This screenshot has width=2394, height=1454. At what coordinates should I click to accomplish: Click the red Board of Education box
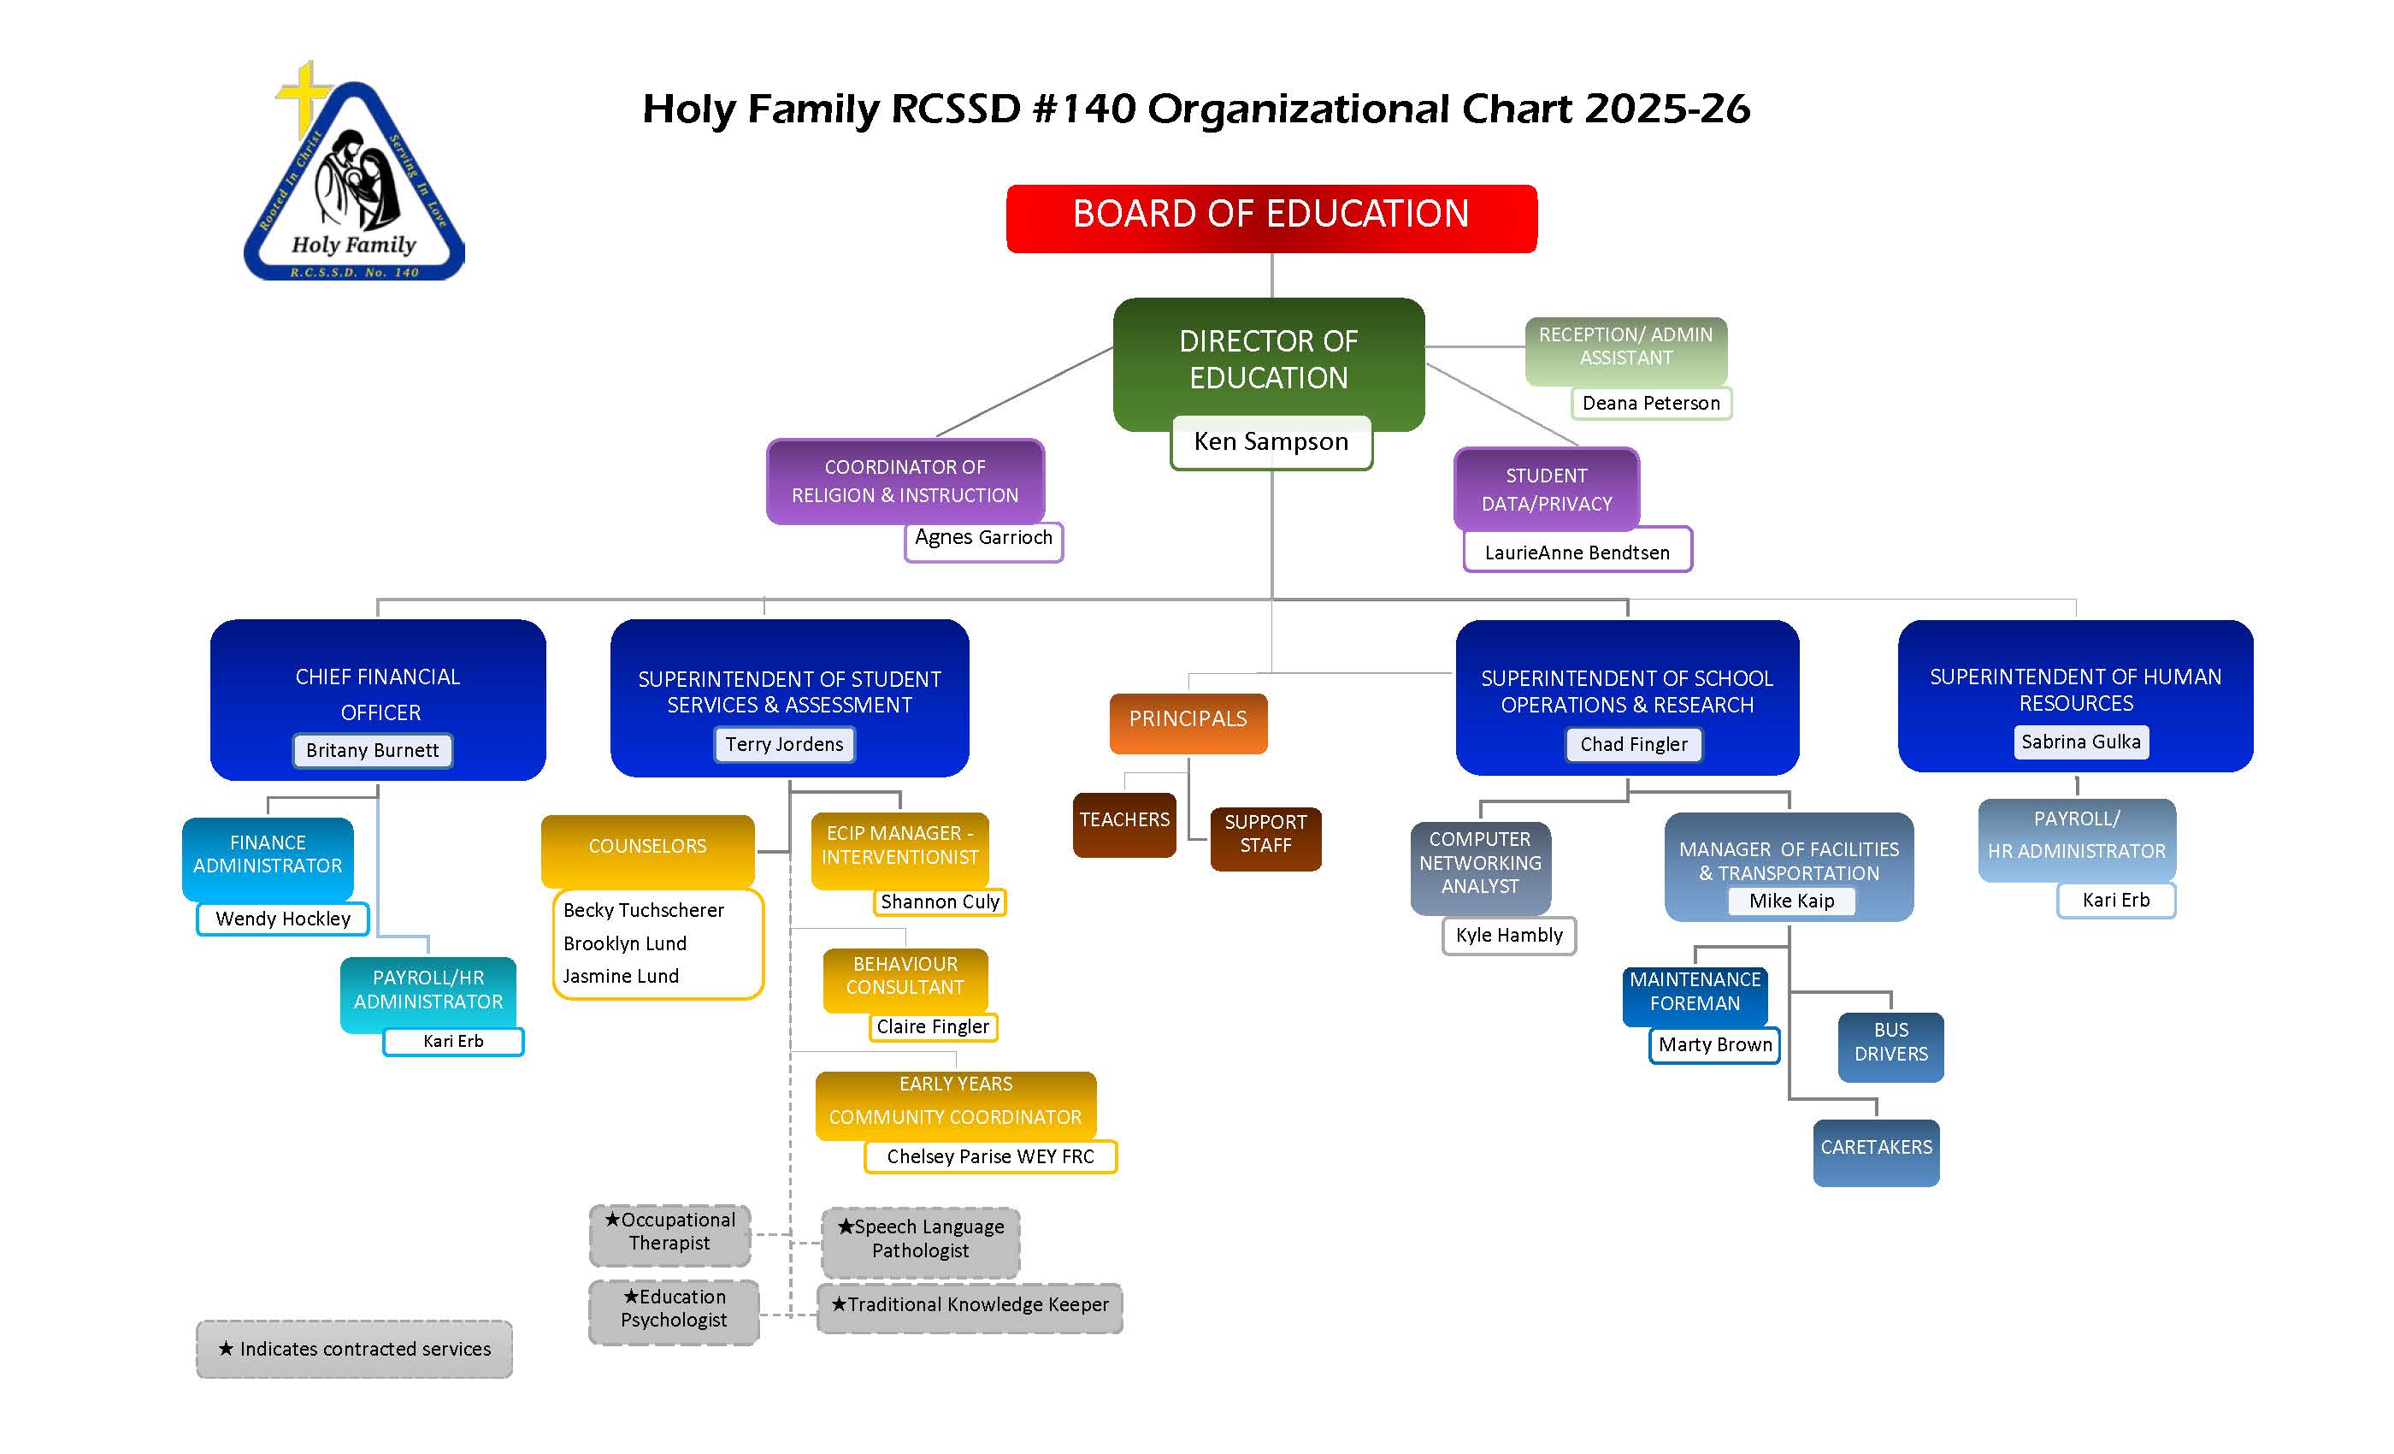[x=1271, y=218]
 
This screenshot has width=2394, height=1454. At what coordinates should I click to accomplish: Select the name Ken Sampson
[x=1271, y=442]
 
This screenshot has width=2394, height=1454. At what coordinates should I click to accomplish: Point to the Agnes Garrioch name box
[x=983, y=540]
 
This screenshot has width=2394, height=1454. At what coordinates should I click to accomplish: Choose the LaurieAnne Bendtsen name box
[x=1577, y=552]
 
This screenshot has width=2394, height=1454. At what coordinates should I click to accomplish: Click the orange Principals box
[x=1188, y=721]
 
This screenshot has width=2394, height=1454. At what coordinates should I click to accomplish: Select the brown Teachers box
[x=1124, y=823]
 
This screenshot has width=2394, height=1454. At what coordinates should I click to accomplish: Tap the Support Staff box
[x=1265, y=836]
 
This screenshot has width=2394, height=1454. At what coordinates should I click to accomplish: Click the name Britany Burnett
[x=372, y=750]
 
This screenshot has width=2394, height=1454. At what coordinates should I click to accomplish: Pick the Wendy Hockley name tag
[x=283, y=919]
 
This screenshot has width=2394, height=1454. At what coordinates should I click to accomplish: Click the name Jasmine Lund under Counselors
[x=621, y=976]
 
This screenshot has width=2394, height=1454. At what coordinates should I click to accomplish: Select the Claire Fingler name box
[x=933, y=1026]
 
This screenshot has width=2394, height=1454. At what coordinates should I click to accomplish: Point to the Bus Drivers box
[x=1890, y=1045]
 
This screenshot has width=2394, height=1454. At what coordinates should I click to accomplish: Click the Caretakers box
[x=1876, y=1150]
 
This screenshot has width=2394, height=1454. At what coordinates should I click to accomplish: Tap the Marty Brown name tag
[x=1715, y=1045]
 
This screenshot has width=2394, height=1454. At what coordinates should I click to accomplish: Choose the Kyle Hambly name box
[x=1509, y=935]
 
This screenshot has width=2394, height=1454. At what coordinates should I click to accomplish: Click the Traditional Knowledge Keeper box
[x=970, y=1306]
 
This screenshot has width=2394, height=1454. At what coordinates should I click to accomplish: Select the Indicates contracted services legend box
[x=355, y=1349]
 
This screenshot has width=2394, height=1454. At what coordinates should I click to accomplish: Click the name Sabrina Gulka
[x=2081, y=742]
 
